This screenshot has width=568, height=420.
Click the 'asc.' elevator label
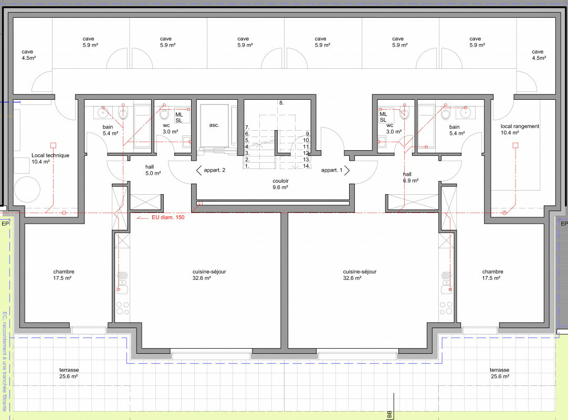click(x=214, y=125)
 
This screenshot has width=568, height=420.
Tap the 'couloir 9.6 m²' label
click(x=280, y=184)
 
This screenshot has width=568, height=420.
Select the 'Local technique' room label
click(x=50, y=155)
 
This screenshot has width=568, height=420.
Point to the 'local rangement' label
click(x=520, y=127)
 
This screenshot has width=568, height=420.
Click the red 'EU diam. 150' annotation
click(x=168, y=217)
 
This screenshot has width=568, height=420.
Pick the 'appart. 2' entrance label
click(x=215, y=170)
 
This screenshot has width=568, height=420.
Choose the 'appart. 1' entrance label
click(x=331, y=170)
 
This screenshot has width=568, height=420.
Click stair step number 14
click(x=307, y=166)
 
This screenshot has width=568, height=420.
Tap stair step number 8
click(x=281, y=103)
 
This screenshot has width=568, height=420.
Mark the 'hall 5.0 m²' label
click(x=153, y=170)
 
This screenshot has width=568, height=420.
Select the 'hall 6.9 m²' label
click(x=411, y=177)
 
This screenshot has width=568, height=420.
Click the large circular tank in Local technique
click(x=27, y=190)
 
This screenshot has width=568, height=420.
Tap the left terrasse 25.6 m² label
click(x=69, y=373)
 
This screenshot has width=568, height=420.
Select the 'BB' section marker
click(x=390, y=414)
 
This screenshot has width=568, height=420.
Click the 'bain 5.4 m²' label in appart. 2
click(x=110, y=130)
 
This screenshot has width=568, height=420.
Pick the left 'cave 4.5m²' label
click(x=28, y=55)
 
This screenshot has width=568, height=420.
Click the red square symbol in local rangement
click(x=515, y=145)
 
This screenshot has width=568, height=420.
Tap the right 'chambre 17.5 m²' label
click(x=492, y=275)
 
